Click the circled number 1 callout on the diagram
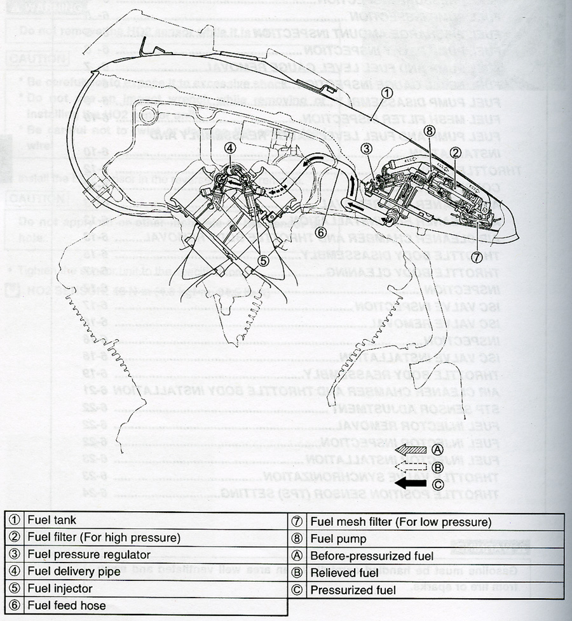click(x=386, y=91)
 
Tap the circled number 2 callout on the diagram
click(x=455, y=152)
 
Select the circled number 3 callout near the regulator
click(x=366, y=150)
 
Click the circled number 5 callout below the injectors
click(x=263, y=259)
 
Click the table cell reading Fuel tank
click(x=52, y=520)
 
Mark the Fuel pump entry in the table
click(x=338, y=539)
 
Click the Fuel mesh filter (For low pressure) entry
click(x=400, y=522)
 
